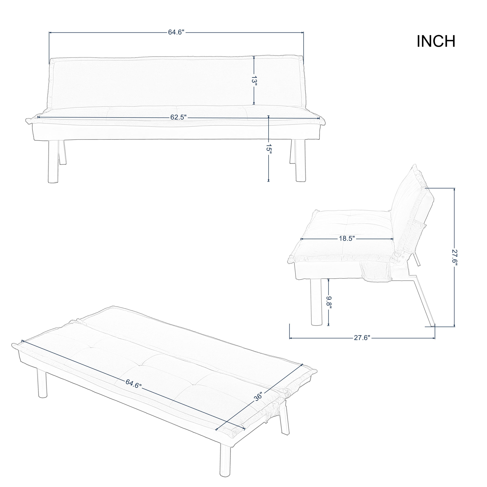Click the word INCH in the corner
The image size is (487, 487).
pos(436,41)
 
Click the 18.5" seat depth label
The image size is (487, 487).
pos(347,238)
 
